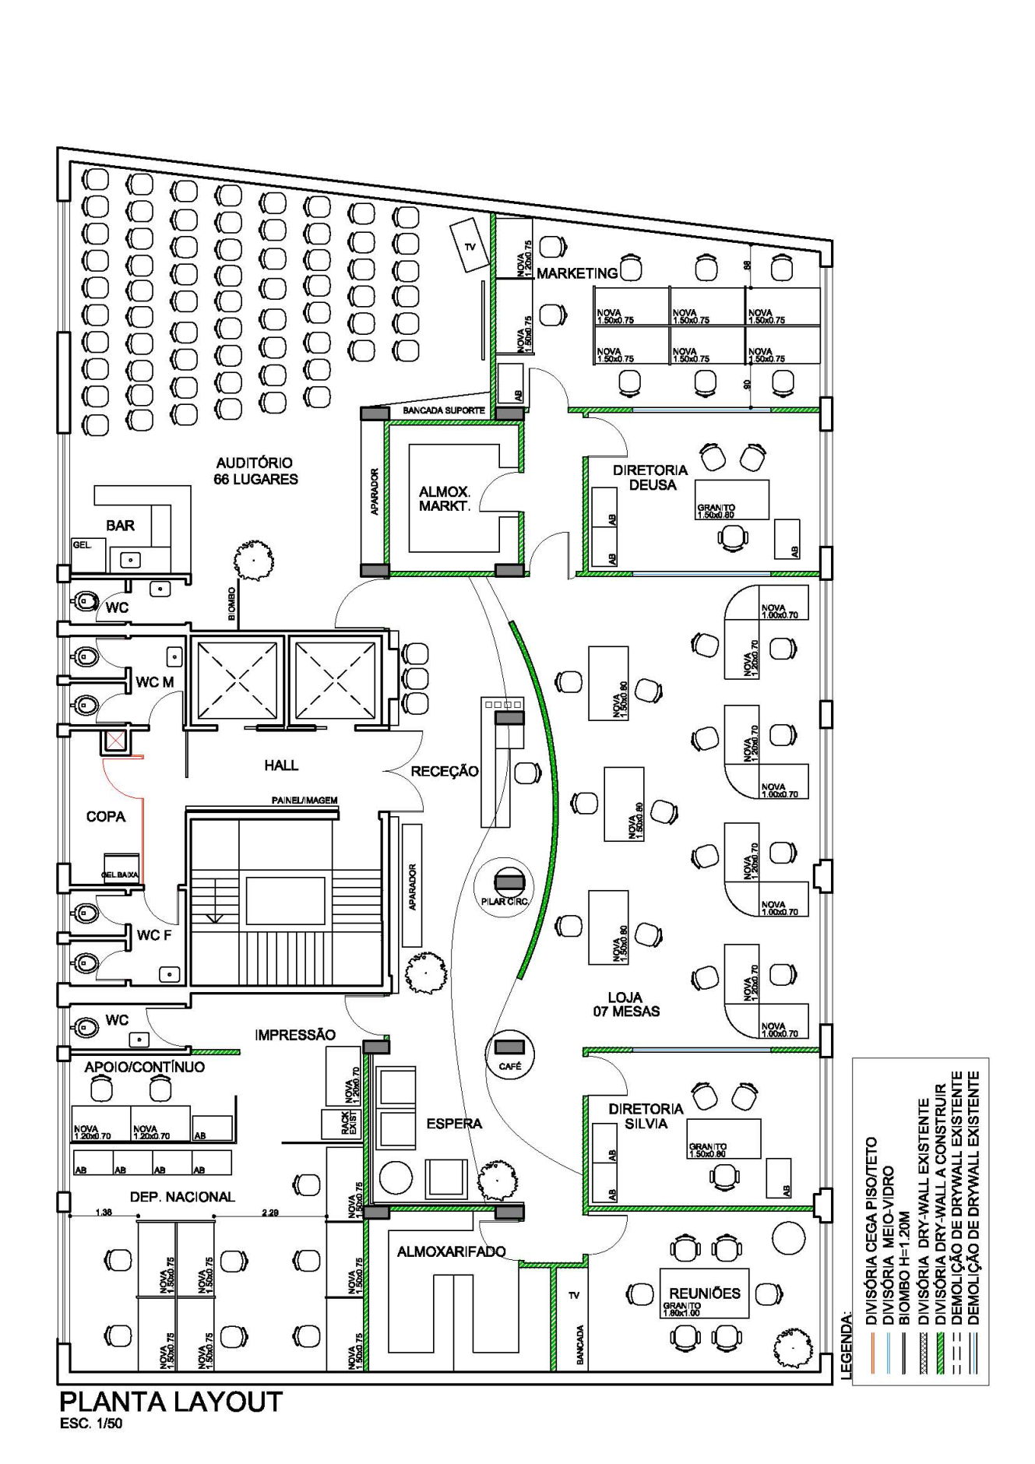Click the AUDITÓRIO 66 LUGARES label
click(x=255, y=470)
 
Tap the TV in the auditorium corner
click(x=469, y=245)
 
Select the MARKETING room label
click(x=576, y=273)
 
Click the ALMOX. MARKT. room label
click(x=444, y=498)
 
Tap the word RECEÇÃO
click(x=445, y=771)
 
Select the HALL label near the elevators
click(x=281, y=765)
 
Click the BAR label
click(x=121, y=526)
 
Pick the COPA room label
click(x=106, y=817)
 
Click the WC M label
click(x=154, y=683)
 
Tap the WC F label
click(x=153, y=934)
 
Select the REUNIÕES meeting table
click(x=704, y=1293)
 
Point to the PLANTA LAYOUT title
click(x=171, y=1402)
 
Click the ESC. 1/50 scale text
click(x=90, y=1424)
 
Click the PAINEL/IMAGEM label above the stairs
click(x=304, y=801)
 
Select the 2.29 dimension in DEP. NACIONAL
click(x=270, y=1212)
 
